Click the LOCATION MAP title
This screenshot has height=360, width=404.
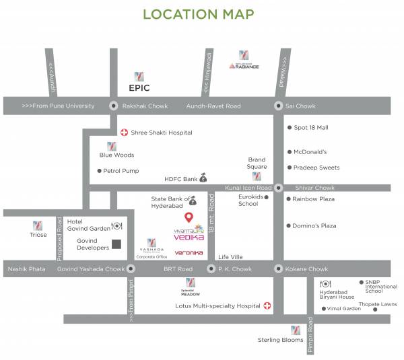click(199, 14)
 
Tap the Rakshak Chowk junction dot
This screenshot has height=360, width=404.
click(112, 106)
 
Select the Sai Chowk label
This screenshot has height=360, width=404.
click(300, 106)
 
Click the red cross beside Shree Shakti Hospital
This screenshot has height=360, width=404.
click(123, 133)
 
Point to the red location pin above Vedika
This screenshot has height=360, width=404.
click(189, 217)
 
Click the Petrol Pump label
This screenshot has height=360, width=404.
click(121, 171)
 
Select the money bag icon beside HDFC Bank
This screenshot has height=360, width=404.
click(203, 178)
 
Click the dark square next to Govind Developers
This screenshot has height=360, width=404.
click(116, 244)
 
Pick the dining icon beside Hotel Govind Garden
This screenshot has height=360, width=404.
click(116, 226)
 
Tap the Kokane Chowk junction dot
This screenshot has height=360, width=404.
click(278, 268)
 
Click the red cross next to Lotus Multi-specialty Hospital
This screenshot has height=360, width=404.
click(267, 305)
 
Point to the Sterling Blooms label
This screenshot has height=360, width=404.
click(281, 340)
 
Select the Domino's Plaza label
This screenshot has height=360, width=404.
click(314, 225)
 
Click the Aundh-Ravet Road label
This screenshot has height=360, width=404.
click(213, 106)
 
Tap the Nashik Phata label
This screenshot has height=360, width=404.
click(26, 268)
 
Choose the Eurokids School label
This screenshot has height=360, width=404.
click(248, 200)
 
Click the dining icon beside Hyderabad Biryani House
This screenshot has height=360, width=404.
click(326, 284)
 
